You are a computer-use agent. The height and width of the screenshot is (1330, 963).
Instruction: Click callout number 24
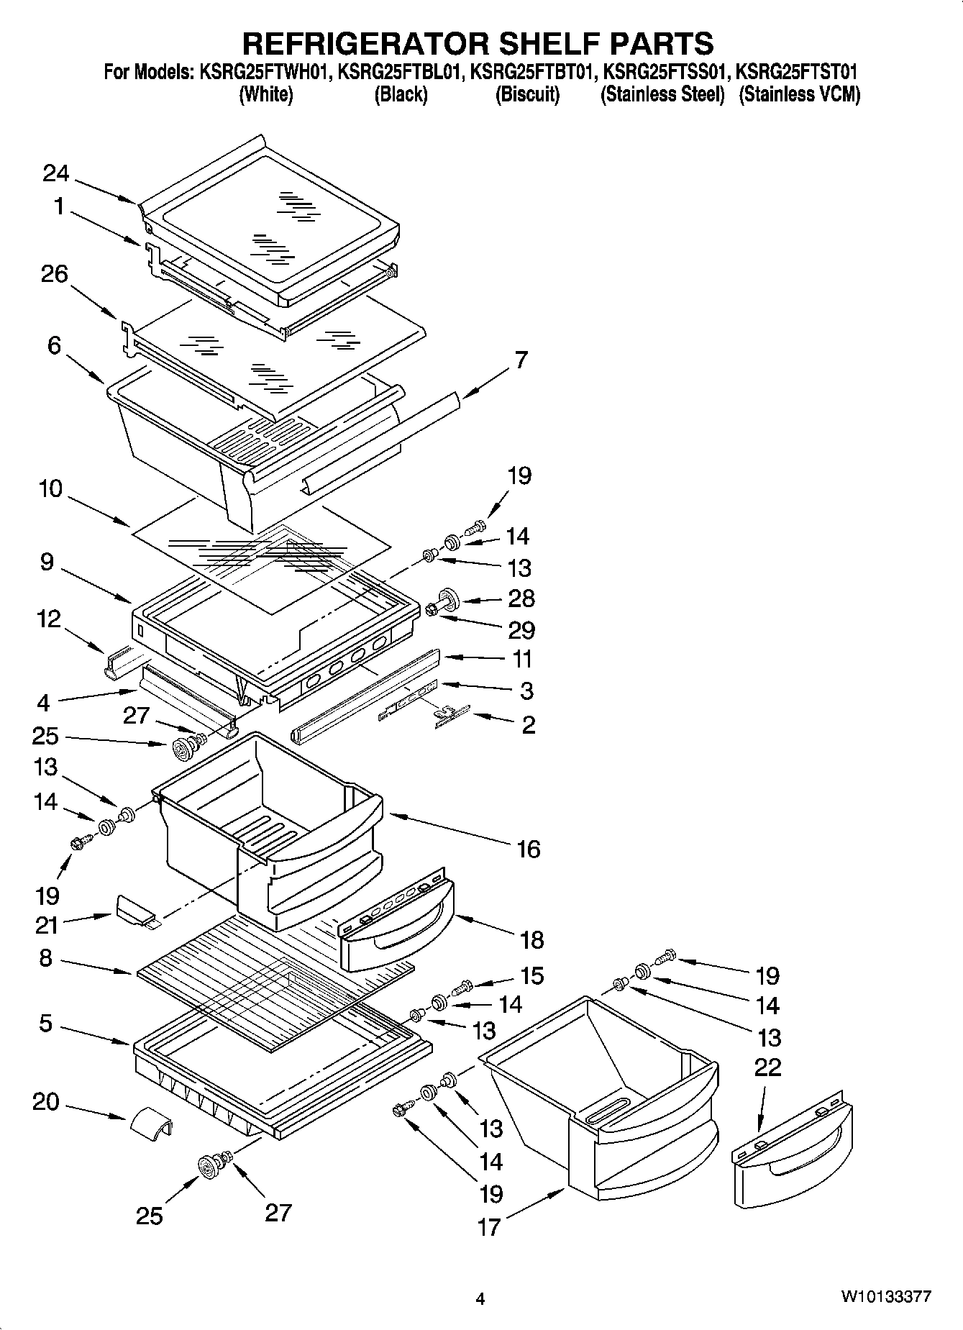tap(55, 174)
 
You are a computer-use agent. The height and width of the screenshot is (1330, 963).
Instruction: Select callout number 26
tap(55, 274)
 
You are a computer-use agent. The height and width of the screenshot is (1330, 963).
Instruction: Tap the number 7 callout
tap(521, 360)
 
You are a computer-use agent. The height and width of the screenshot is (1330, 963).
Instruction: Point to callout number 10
tap(50, 489)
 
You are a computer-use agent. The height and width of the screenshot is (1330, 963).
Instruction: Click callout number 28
tap(521, 598)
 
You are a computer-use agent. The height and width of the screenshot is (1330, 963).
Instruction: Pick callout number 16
tap(528, 849)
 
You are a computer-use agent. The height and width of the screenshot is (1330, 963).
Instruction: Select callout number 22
tap(767, 1067)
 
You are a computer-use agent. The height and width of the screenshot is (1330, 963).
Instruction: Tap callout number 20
tap(45, 1101)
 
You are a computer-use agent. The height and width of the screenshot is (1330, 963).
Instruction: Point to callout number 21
tap(46, 925)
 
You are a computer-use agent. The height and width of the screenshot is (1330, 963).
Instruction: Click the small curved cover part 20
tap(151, 1121)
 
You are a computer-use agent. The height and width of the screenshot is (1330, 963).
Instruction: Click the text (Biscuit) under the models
tap(527, 94)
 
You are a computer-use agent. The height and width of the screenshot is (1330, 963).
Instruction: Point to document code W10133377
tap(886, 1297)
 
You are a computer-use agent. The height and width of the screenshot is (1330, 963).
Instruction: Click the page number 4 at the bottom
tap(480, 1298)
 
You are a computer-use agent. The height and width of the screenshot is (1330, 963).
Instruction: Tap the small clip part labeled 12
tap(119, 662)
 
